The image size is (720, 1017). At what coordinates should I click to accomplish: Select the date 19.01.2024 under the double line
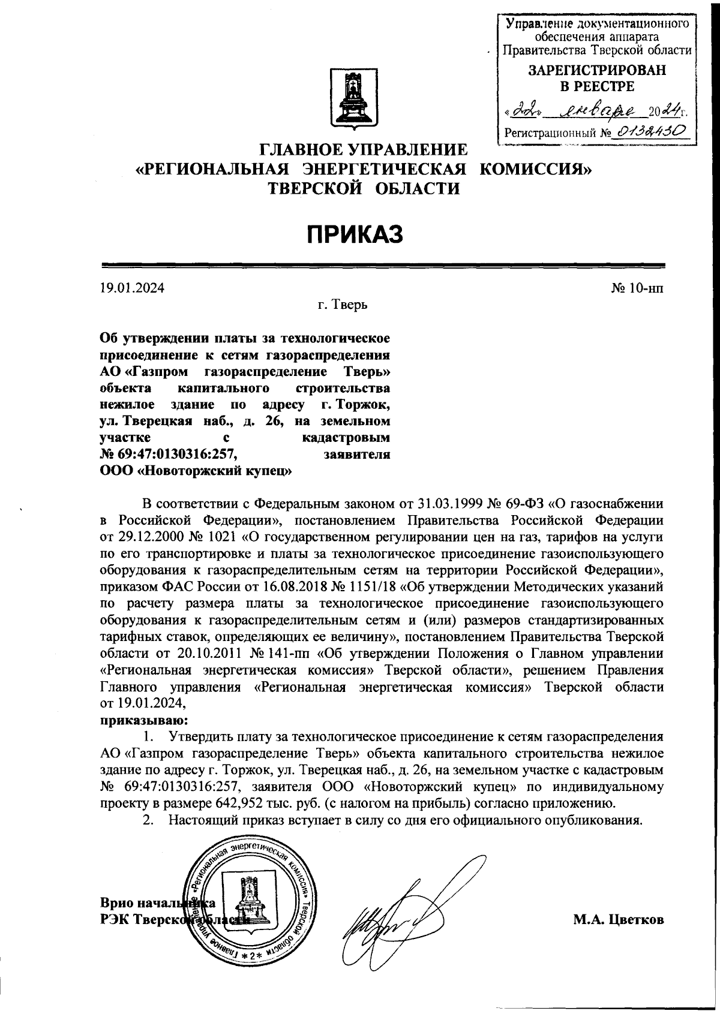point(131,288)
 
